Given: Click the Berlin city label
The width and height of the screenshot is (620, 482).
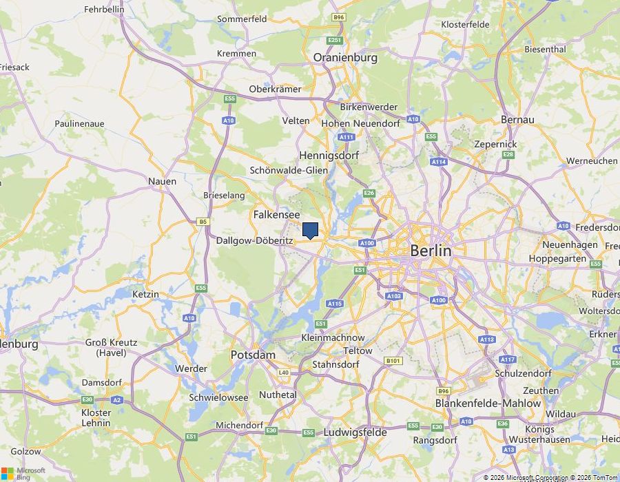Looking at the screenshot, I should [431, 251].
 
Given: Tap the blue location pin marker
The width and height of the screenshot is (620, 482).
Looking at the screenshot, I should [310, 230].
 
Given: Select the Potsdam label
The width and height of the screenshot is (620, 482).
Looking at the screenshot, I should [253, 355].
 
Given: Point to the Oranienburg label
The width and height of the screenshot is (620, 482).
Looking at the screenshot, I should [345, 58].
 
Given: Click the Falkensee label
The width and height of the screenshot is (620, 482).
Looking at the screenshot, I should [276, 215].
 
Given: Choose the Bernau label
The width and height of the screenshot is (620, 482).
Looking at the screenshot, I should [517, 120].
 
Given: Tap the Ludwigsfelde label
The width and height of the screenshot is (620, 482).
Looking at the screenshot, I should [355, 432].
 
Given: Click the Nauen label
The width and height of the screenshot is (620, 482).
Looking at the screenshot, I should [162, 181].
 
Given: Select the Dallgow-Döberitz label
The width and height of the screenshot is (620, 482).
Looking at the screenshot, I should [254, 241].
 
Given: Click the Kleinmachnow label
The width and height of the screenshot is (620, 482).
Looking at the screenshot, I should [333, 338].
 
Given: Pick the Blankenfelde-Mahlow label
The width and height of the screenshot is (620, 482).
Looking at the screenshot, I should [478, 403].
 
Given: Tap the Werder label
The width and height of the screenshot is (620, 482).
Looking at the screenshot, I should [191, 368].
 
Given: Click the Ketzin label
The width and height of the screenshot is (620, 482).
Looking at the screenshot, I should [145, 294].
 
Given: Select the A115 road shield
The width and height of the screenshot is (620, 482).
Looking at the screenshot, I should [335, 303].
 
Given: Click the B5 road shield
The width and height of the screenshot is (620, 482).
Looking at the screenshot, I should [203, 222].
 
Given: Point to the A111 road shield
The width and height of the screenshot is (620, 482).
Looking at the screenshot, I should [347, 138].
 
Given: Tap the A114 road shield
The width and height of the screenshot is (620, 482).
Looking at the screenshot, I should [439, 162].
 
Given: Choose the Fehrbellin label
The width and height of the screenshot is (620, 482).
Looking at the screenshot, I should [104, 10].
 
